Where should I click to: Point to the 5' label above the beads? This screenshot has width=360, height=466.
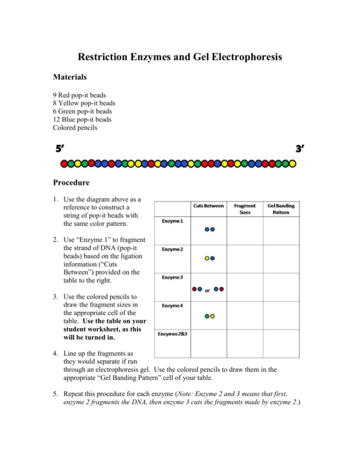[x=61, y=149]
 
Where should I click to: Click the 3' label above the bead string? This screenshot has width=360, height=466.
[x=299, y=149]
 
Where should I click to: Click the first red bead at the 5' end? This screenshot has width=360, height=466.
[x=64, y=164]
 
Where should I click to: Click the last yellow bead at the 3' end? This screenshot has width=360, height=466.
[x=292, y=164]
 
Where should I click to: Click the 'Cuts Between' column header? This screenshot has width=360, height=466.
[x=209, y=206]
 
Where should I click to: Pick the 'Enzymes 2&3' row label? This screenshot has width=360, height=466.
[x=172, y=334]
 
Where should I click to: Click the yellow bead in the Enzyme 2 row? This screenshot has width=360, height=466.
[x=206, y=258]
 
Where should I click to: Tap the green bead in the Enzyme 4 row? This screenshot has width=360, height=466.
[x=206, y=316]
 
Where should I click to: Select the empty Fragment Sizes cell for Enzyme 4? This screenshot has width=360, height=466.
[x=245, y=315]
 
